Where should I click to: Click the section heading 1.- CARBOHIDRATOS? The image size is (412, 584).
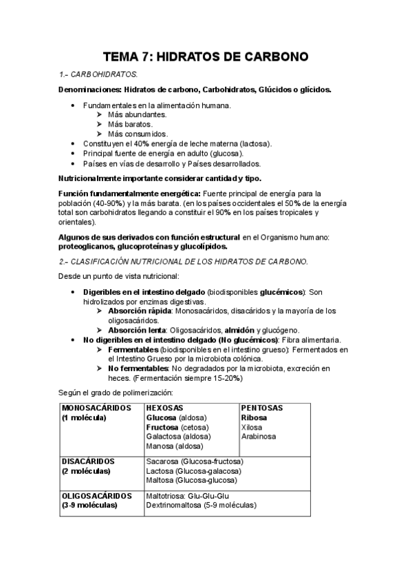click(x=99, y=74)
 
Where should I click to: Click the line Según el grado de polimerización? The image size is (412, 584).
click(x=112, y=393)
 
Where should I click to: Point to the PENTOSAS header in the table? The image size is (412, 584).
click(x=262, y=408)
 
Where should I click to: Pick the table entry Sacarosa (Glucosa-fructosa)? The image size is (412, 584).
click(x=195, y=461)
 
